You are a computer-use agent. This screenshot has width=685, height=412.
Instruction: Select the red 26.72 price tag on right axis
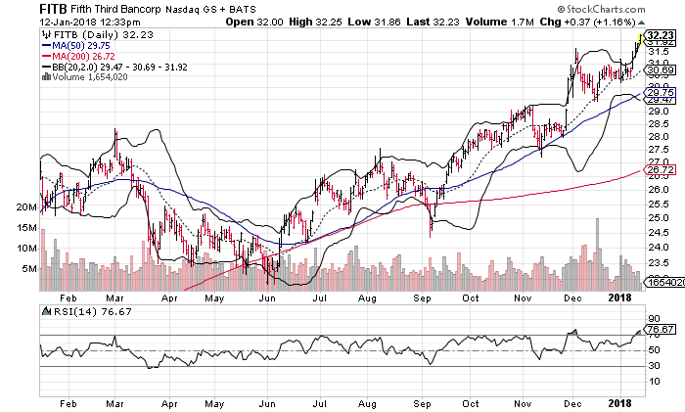click(x=660, y=169)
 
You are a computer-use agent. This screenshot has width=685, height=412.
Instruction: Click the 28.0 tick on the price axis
click(x=657, y=136)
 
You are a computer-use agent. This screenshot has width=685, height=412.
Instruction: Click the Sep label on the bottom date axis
click(x=422, y=403)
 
